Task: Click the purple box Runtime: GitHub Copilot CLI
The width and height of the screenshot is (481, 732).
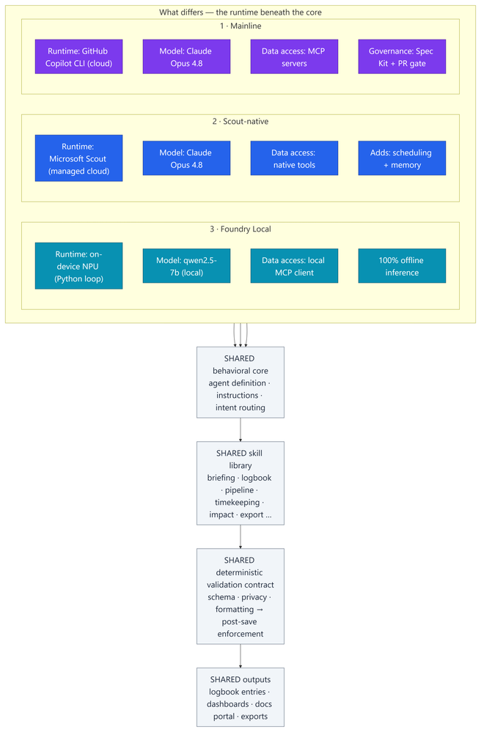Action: coord(79,56)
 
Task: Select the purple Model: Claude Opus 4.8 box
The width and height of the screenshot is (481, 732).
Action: coord(186,56)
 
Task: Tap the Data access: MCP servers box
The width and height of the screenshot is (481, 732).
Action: coord(294,56)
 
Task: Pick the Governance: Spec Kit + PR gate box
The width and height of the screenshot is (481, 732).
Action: coord(402,56)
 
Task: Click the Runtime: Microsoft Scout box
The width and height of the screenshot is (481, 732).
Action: coord(79,158)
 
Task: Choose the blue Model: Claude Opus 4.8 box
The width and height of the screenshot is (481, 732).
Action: coord(186,158)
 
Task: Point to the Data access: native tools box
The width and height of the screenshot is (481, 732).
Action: coord(294,158)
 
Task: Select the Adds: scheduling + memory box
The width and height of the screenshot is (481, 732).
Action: coord(402,158)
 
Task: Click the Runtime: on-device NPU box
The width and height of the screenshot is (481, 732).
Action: coord(79,266)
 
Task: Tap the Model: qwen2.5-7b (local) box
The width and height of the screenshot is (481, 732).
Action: coord(186,266)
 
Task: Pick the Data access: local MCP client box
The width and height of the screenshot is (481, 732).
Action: coord(294,266)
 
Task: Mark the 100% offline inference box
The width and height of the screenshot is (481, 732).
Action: coord(402,266)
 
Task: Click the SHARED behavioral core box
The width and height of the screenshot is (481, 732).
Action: coord(240,382)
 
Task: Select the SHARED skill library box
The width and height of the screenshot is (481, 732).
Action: coord(240,483)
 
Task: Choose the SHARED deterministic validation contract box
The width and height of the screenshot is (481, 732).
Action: coord(240,596)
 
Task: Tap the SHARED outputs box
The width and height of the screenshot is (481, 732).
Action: coord(240,697)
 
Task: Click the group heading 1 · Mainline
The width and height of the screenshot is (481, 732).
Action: coord(240,26)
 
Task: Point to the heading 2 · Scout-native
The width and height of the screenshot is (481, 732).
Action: coord(240,122)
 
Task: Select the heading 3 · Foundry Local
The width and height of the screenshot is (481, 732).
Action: coord(240,229)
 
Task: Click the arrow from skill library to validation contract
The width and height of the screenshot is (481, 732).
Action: coord(240,537)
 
